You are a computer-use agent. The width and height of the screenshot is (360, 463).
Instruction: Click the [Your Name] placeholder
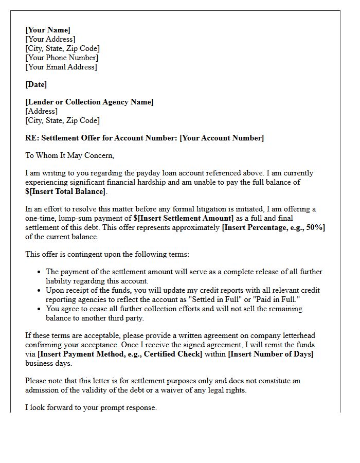(48, 30)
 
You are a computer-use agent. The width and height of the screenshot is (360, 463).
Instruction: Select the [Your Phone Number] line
(61, 58)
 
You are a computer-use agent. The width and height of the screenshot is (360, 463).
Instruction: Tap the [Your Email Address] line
(61, 67)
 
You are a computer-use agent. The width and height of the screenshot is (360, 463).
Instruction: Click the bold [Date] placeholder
(36, 84)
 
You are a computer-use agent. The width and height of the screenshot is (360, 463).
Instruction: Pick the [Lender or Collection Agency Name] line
(89, 102)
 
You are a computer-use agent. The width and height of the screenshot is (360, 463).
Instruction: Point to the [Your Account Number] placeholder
(222, 138)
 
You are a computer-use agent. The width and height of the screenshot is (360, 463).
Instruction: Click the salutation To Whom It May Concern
(69, 155)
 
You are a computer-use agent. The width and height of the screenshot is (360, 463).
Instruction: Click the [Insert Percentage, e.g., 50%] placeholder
(273, 227)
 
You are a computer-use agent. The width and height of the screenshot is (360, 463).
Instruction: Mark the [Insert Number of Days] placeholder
(271, 354)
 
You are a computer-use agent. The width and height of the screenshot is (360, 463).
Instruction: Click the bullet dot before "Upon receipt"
(40, 290)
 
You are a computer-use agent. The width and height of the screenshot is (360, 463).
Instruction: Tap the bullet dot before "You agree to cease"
(40, 309)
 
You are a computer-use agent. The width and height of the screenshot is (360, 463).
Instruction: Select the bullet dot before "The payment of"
(40, 272)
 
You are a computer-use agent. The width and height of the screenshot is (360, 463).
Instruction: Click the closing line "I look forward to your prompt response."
(91, 407)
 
